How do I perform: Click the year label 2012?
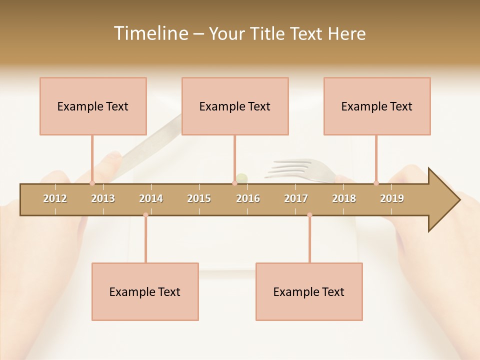[x=55, y=198]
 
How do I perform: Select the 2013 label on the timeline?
[x=103, y=198]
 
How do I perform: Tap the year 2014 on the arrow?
[x=151, y=198]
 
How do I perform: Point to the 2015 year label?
[x=199, y=198]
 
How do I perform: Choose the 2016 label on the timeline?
[x=248, y=198]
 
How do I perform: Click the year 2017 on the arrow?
[x=296, y=198]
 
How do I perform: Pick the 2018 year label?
[x=344, y=198]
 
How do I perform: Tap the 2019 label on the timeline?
[x=392, y=198]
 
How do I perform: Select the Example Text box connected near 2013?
[x=93, y=106]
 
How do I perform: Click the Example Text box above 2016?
[x=235, y=106]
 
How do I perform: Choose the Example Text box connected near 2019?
[x=377, y=106]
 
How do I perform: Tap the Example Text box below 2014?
[x=145, y=291]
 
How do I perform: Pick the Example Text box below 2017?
[x=309, y=291]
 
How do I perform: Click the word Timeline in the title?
[x=150, y=33]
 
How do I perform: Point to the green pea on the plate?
[x=242, y=177]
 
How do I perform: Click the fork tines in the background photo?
[x=290, y=167]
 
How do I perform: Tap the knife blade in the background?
[x=150, y=142]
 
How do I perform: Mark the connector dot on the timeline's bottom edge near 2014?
[x=145, y=215]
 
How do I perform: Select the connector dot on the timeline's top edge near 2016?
[x=234, y=183]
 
